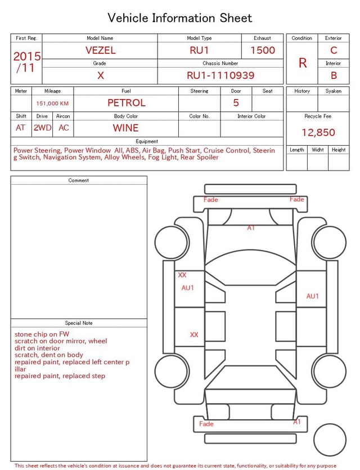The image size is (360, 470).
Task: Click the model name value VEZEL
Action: click(x=100, y=50)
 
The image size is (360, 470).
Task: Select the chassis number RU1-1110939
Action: click(x=220, y=75)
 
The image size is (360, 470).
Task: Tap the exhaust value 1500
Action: click(x=263, y=50)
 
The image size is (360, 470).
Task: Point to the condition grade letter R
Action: click(x=303, y=63)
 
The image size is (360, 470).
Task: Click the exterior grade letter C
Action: click(x=334, y=50)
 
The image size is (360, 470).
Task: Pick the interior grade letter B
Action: click(x=334, y=75)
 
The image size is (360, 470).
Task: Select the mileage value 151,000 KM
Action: click(x=52, y=104)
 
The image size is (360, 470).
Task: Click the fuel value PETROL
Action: click(x=127, y=103)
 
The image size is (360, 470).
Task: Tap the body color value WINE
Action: click(x=126, y=128)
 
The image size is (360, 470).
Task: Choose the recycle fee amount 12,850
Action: click(x=318, y=132)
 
